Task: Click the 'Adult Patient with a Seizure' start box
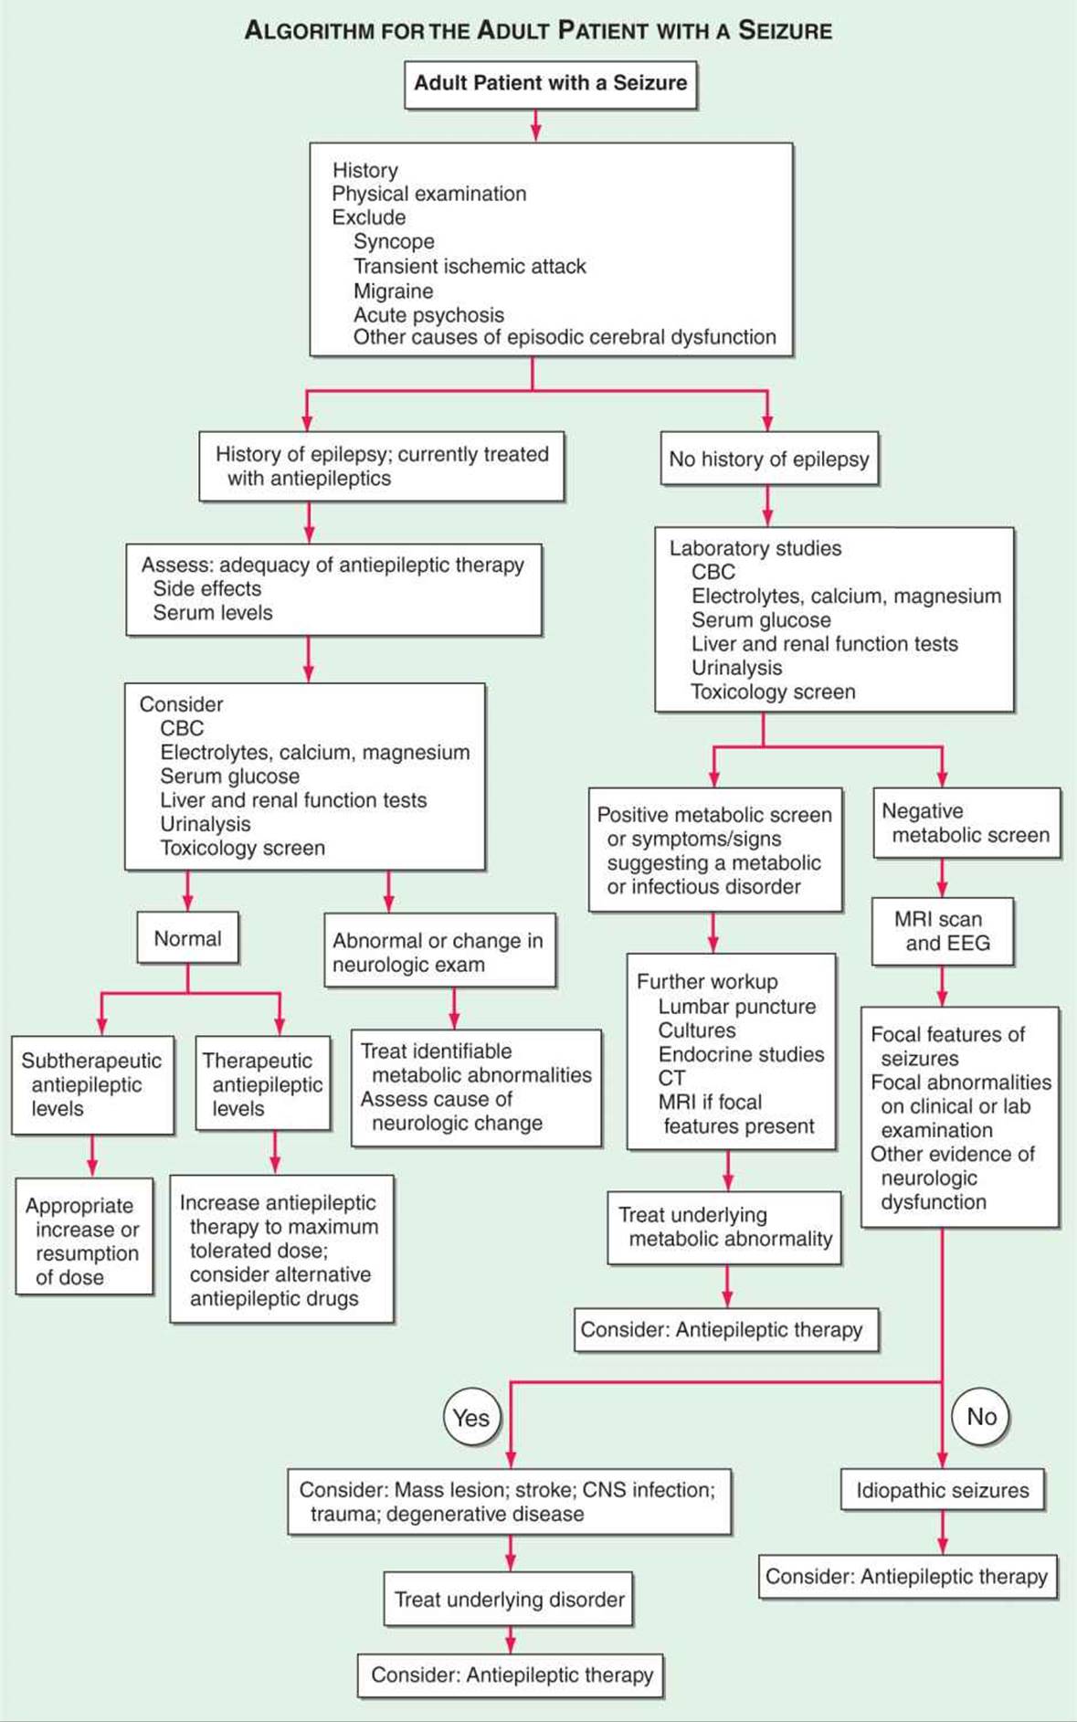coord(551,85)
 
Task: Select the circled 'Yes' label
coord(471,1417)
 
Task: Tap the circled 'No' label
coord(981,1416)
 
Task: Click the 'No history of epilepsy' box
coord(768,459)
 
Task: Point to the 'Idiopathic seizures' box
coord(942,1490)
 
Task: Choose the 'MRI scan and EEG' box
coord(943,932)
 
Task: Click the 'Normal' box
coord(187,938)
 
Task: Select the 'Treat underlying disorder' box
coord(509,1599)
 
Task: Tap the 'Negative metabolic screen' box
coord(966,822)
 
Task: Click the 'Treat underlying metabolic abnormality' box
coord(724,1227)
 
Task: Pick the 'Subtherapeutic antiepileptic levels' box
coord(92,1084)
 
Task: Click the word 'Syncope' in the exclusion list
coord(394,241)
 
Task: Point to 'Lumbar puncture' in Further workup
coord(737,1006)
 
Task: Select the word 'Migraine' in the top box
coord(393,291)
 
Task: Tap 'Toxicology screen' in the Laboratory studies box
coord(773,692)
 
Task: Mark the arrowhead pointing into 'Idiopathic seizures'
coord(942,1460)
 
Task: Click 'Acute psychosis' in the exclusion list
coord(428,314)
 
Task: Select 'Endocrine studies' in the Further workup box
coord(741,1053)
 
